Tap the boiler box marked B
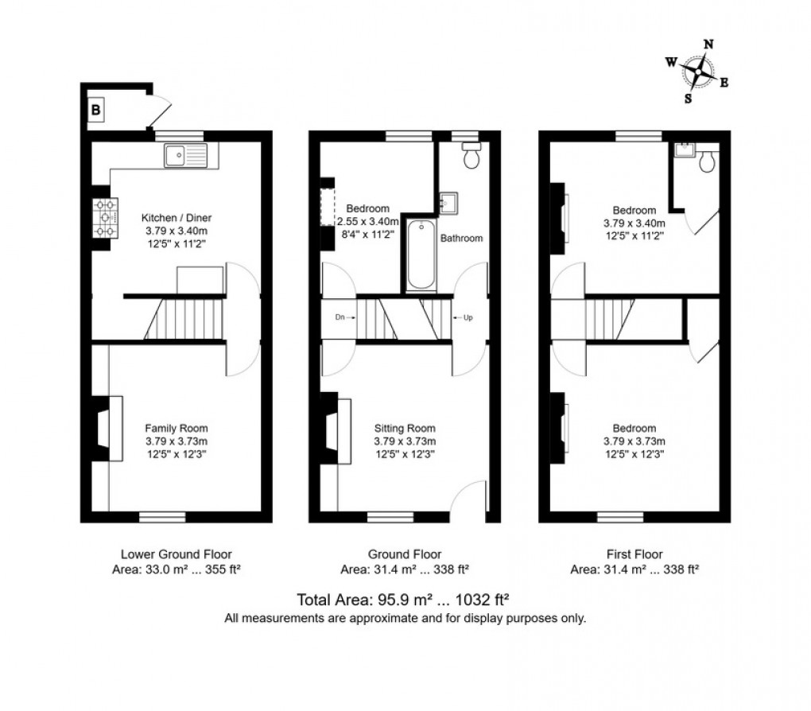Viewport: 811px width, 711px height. (95, 111)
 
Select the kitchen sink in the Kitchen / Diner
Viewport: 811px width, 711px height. (185, 156)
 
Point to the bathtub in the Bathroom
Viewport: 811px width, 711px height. (421, 254)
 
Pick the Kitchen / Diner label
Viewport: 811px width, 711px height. (177, 217)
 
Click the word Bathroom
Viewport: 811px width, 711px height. (462, 238)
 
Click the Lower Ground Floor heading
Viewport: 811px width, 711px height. (177, 554)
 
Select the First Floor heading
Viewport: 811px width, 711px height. (634, 554)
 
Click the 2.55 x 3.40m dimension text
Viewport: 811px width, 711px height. (368, 221)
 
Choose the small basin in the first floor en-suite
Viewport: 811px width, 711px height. (682, 150)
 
